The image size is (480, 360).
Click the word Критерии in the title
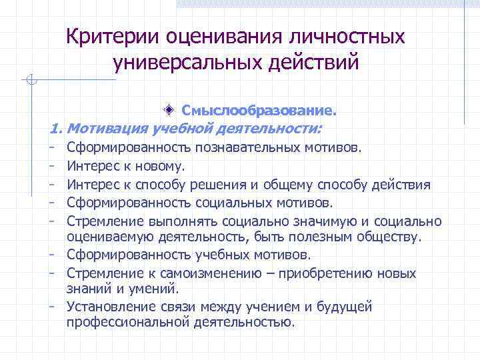[108, 37]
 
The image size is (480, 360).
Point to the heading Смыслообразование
[260, 109]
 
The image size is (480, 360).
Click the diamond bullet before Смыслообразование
[171, 109]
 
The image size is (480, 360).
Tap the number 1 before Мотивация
[55, 127]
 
